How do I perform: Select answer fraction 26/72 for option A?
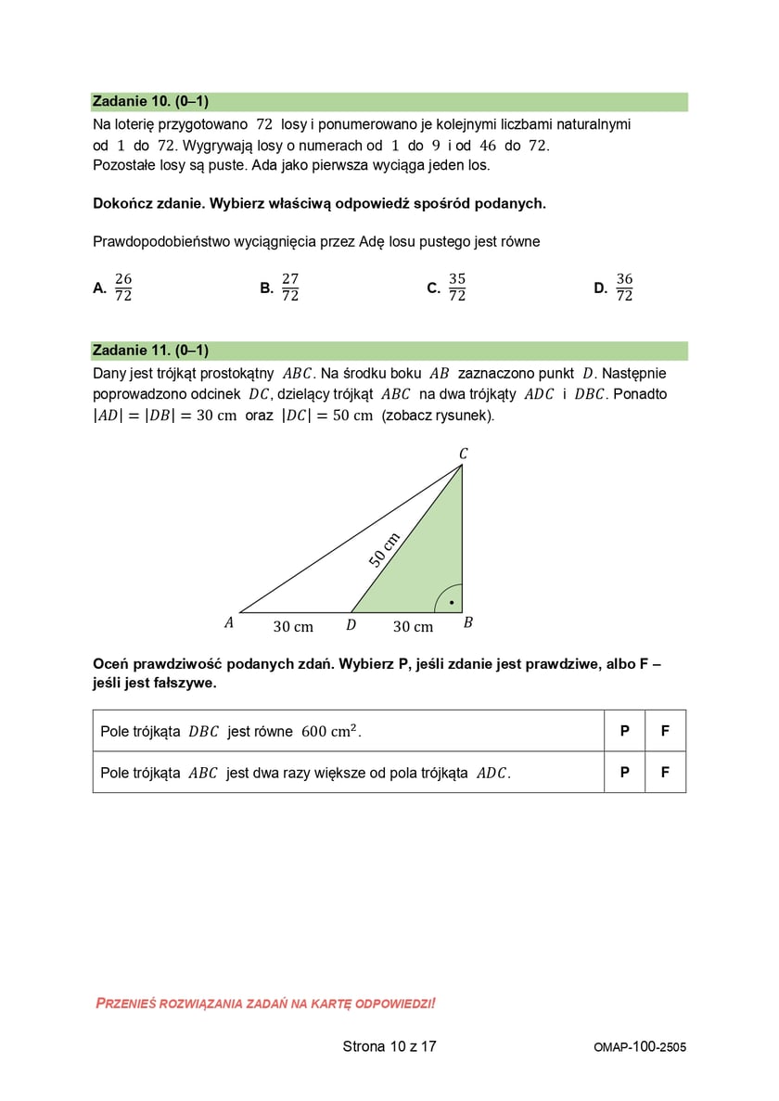coord(123,288)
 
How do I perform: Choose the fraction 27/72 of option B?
coord(290,288)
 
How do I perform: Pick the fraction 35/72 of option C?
coord(457,288)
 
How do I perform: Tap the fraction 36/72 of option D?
coord(624,288)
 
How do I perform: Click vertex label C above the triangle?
coord(464,454)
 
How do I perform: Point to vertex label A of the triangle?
coord(229,624)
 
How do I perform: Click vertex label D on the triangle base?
coord(351,625)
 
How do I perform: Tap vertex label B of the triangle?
coord(467,623)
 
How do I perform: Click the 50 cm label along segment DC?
coord(384,549)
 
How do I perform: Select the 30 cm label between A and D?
coord(293,627)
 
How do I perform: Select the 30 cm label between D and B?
coord(413,627)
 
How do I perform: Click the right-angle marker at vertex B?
coord(449,599)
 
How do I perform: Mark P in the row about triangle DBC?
coord(624,731)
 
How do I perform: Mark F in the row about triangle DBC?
coord(665,731)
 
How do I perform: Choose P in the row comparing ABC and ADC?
coord(624,772)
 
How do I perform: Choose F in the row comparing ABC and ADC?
coord(665,772)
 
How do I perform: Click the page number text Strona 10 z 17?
coord(389,1047)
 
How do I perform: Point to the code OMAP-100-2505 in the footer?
coord(640,1047)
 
